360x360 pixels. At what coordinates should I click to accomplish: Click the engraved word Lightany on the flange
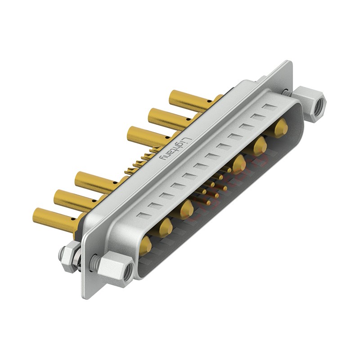pyautogui.click(x=174, y=149)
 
